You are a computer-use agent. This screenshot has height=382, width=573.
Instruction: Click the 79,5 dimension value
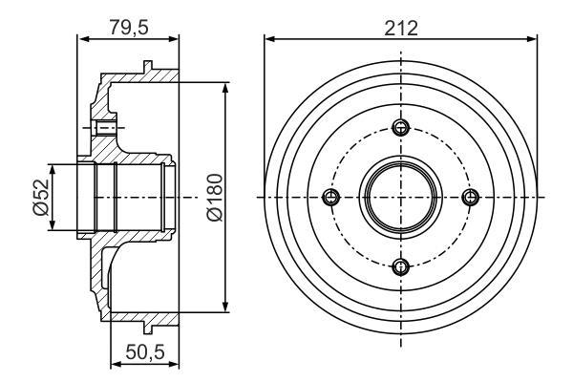tap(129, 27)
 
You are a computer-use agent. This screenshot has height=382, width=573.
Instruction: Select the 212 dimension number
tap(401, 28)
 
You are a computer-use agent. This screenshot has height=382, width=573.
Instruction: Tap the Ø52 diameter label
tap(40, 197)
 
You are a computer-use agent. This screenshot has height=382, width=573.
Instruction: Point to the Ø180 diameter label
tap(215, 198)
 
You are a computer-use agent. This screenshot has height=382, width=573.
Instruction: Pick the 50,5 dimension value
tap(145, 352)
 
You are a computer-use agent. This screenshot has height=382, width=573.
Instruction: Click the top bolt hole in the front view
tap(401, 128)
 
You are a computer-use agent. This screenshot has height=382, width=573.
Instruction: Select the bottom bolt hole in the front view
tap(401, 266)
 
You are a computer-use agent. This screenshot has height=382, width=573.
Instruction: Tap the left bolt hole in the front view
tap(331, 198)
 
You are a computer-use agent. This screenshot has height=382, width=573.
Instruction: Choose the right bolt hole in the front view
tap(471, 198)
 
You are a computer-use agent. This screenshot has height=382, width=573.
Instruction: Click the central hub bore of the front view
tap(401, 198)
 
